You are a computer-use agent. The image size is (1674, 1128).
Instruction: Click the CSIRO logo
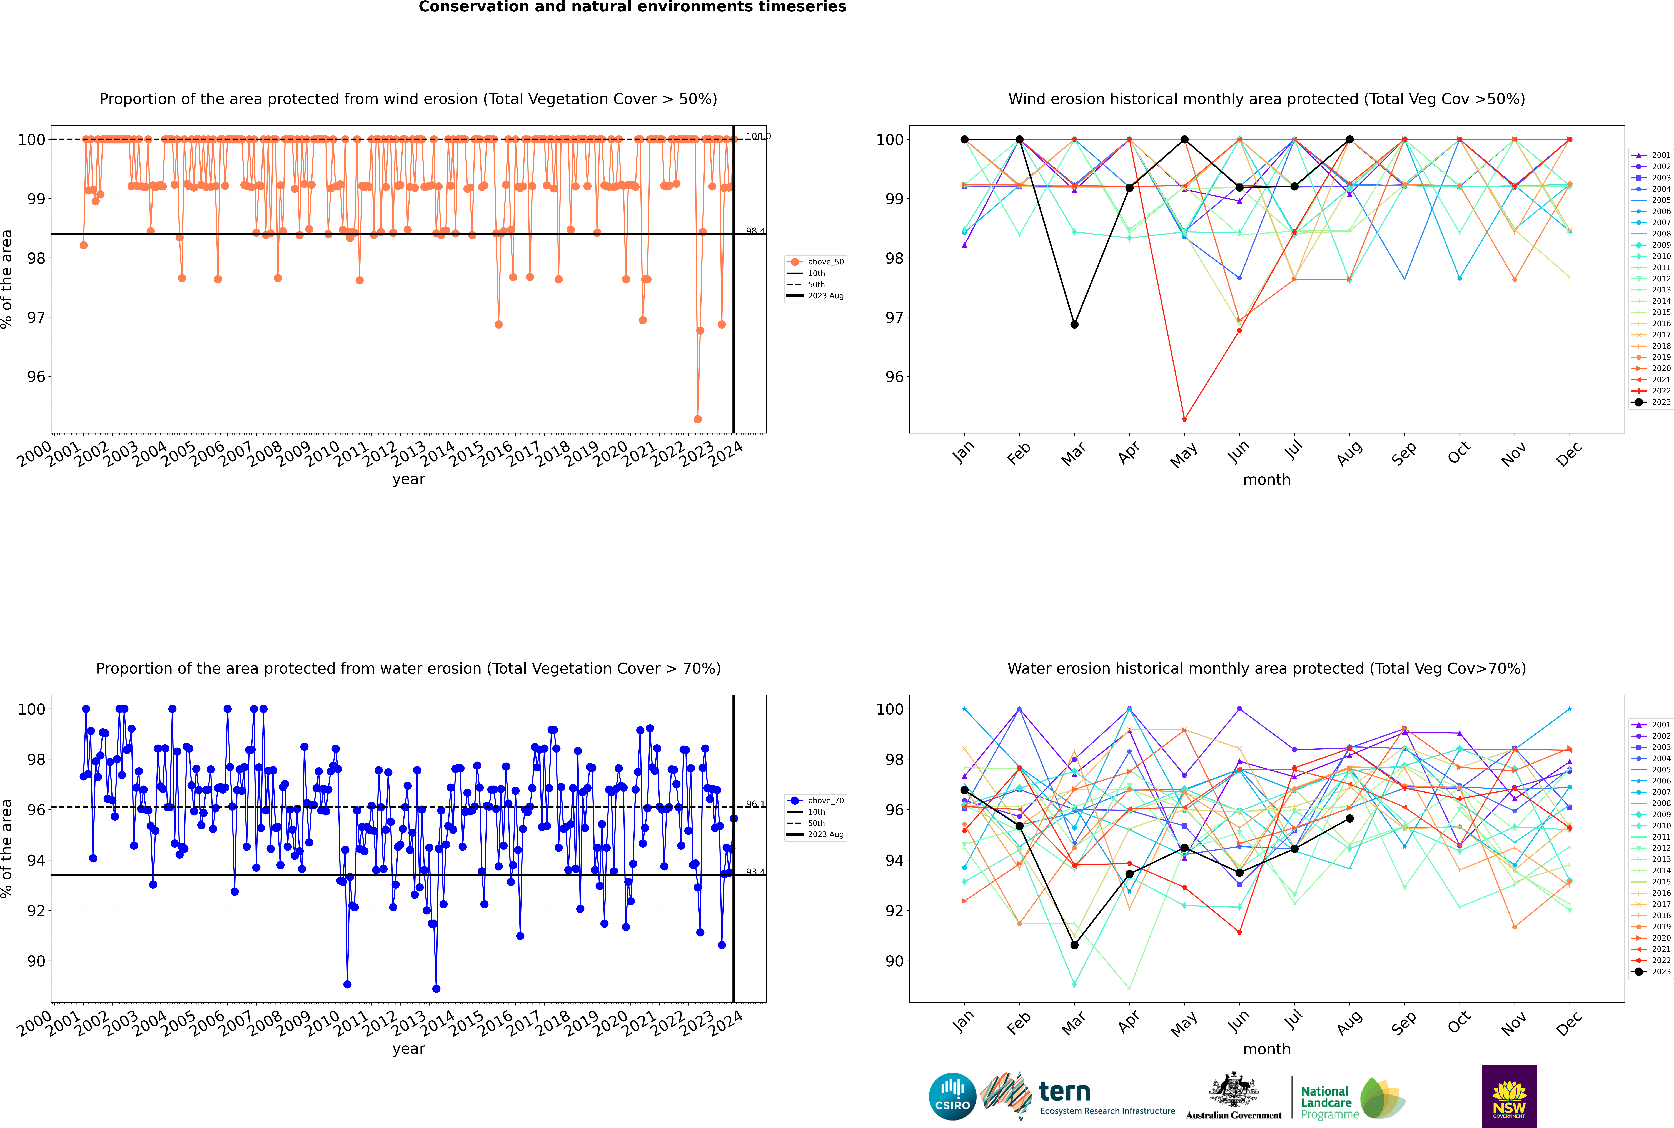tap(952, 1096)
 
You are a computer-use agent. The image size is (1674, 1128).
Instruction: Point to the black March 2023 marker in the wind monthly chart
tap(1074, 324)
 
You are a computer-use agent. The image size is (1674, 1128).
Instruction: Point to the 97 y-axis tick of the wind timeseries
tap(36, 317)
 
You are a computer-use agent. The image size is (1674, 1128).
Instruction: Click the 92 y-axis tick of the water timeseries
tap(36, 911)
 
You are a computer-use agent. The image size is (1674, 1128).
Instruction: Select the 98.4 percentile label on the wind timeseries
tap(755, 231)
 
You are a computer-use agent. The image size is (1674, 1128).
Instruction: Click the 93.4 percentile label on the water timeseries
tap(755, 872)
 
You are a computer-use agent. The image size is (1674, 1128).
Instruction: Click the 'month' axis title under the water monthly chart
tap(1267, 1049)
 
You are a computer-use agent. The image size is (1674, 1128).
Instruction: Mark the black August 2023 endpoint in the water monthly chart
tap(1349, 819)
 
